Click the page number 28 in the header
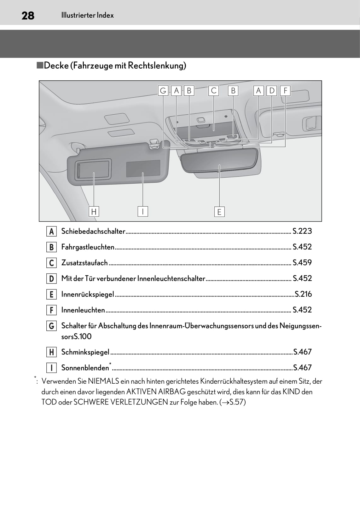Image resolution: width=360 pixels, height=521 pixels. [28, 15]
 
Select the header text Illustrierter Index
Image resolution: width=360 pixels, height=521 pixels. [87, 15]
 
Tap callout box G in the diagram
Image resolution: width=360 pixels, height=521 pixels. [163, 91]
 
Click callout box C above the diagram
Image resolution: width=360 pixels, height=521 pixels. [214, 91]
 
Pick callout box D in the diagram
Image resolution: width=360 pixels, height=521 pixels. [272, 91]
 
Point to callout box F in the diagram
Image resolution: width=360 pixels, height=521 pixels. [285, 91]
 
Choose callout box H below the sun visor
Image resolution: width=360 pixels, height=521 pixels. [94, 211]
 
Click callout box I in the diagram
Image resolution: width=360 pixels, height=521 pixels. [143, 211]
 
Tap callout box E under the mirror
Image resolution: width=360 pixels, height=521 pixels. [219, 212]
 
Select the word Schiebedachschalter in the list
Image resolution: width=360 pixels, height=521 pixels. [93, 231]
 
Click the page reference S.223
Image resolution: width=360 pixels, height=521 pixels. [302, 231]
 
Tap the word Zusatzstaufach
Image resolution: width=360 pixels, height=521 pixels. [84, 263]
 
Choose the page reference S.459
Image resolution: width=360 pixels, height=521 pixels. [302, 263]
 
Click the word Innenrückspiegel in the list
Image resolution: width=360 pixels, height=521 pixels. [88, 294]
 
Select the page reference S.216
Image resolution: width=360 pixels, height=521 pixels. [303, 294]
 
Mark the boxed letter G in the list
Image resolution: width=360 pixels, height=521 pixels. [51, 326]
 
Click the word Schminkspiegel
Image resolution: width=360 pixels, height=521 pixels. [85, 352]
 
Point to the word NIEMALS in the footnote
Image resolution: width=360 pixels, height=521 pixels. [103, 381]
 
